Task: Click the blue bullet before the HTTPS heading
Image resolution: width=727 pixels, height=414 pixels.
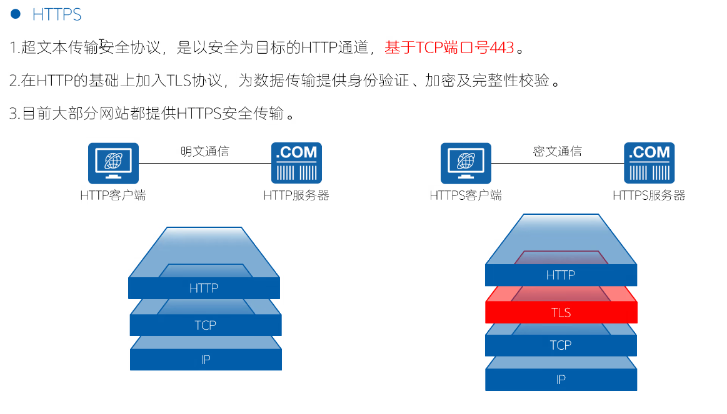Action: [x=16, y=14]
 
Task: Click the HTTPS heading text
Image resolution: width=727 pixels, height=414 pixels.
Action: [x=56, y=14]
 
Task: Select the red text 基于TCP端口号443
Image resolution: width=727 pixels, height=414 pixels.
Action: [x=449, y=47]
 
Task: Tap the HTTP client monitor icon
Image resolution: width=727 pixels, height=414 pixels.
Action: [x=113, y=163]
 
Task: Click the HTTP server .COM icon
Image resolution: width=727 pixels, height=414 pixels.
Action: [x=296, y=163]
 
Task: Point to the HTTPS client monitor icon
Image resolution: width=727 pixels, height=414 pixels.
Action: [x=466, y=163]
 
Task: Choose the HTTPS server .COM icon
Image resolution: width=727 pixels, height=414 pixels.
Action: [x=649, y=163]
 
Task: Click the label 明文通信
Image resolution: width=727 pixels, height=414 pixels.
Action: [x=204, y=151]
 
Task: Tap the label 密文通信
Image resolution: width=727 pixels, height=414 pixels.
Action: [x=557, y=151]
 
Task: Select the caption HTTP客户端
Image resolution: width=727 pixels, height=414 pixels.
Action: [x=113, y=195]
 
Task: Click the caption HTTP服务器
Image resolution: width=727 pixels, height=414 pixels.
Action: [x=296, y=195]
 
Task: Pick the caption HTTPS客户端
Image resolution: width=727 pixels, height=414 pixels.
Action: [x=466, y=195]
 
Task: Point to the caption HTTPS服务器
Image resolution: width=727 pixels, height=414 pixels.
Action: [x=649, y=195]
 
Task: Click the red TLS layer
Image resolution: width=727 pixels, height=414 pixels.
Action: [x=561, y=312]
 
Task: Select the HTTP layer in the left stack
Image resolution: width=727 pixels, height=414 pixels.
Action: [x=204, y=288]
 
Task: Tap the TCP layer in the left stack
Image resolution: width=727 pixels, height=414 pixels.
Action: [x=205, y=325]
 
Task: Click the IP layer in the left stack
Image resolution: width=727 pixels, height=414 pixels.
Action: [x=205, y=360]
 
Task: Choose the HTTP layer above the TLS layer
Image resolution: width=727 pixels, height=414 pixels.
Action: [x=560, y=275]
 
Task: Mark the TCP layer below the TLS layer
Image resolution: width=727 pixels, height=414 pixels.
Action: [x=561, y=345]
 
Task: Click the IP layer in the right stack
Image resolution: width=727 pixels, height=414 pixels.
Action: [x=561, y=379]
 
